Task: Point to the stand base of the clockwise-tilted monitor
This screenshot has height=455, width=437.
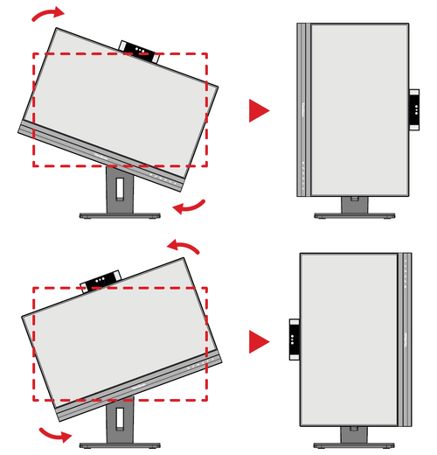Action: point(118,214)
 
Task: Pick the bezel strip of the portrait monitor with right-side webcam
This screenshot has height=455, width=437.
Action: point(303,109)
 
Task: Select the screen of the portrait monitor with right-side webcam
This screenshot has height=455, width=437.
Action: point(359,109)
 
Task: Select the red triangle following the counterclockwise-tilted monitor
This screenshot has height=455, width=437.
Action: point(259,341)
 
